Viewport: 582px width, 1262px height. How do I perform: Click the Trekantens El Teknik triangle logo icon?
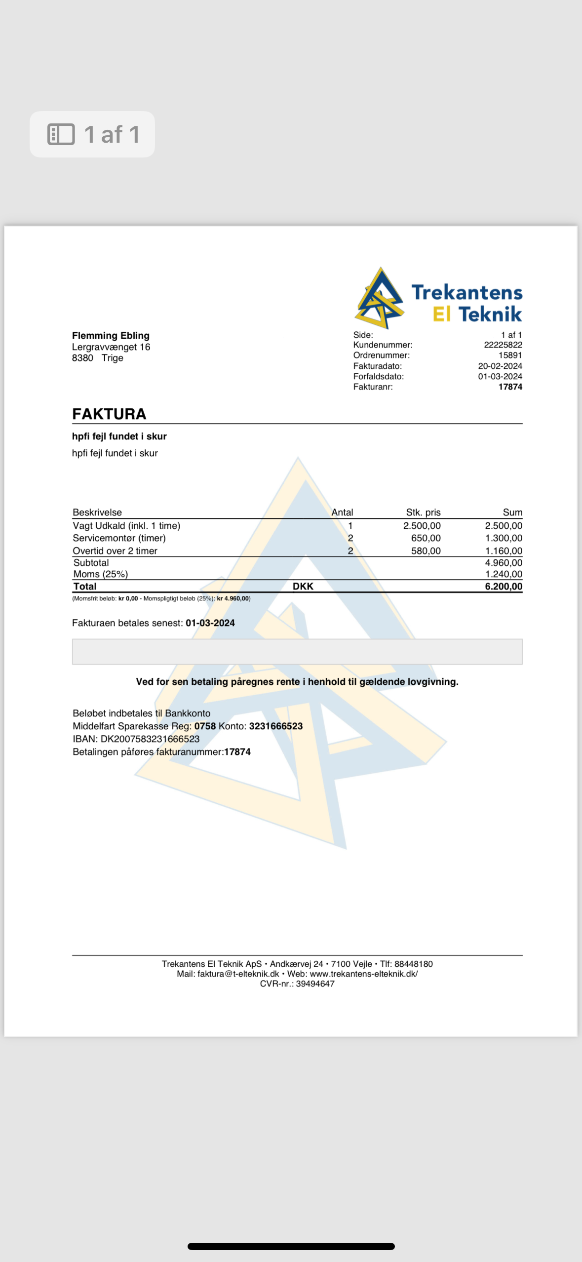click(x=379, y=299)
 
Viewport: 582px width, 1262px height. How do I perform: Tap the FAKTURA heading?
click(x=109, y=414)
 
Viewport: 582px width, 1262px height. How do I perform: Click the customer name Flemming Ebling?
click(x=111, y=335)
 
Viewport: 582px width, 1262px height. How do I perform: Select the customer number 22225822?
click(x=503, y=345)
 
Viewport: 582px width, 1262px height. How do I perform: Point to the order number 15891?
click(x=510, y=355)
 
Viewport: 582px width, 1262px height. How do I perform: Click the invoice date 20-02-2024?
click(x=500, y=366)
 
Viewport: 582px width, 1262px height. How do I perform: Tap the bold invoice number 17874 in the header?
click(x=510, y=387)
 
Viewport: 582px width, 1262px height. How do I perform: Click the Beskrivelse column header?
click(x=97, y=512)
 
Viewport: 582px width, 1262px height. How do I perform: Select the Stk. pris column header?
click(x=423, y=512)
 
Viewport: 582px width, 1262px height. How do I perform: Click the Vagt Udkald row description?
click(x=126, y=525)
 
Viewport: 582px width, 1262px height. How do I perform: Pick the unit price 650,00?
click(x=426, y=538)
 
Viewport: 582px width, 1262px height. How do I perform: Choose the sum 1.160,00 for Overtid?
click(x=504, y=551)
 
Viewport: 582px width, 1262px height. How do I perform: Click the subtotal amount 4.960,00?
click(x=504, y=562)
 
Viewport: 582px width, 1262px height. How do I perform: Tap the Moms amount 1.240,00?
click(x=504, y=574)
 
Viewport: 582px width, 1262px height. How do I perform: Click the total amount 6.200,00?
click(x=504, y=586)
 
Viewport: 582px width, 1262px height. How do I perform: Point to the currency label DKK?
click(x=303, y=586)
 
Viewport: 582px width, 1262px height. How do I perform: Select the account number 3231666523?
click(x=275, y=726)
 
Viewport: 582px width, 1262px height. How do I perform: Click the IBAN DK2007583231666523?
click(x=150, y=739)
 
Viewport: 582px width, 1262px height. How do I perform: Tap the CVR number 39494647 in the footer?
click(x=315, y=984)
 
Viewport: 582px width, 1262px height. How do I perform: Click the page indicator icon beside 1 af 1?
click(x=61, y=134)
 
